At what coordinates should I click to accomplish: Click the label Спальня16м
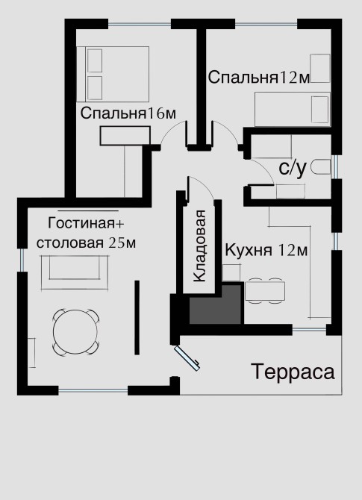[x=128, y=113]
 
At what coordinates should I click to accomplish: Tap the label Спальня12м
[x=259, y=78]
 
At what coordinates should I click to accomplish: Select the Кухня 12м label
[x=266, y=250]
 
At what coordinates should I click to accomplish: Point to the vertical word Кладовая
[x=200, y=246]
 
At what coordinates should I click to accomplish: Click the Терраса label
[x=293, y=372]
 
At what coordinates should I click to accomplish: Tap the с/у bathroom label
[x=293, y=168]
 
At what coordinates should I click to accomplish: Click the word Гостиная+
[x=86, y=223]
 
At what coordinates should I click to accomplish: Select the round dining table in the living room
[x=75, y=332]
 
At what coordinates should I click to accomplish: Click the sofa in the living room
[x=75, y=272]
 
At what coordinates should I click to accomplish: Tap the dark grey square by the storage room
[x=215, y=304]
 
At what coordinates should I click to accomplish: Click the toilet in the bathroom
[x=321, y=167]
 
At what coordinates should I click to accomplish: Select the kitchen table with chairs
[x=265, y=290]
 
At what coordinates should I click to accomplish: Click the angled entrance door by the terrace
[x=187, y=358]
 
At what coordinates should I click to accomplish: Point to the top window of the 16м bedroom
[x=140, y=24]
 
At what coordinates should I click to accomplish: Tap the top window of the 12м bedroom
[x=266, y=24]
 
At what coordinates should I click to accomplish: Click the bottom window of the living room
[x=93, y=390]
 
